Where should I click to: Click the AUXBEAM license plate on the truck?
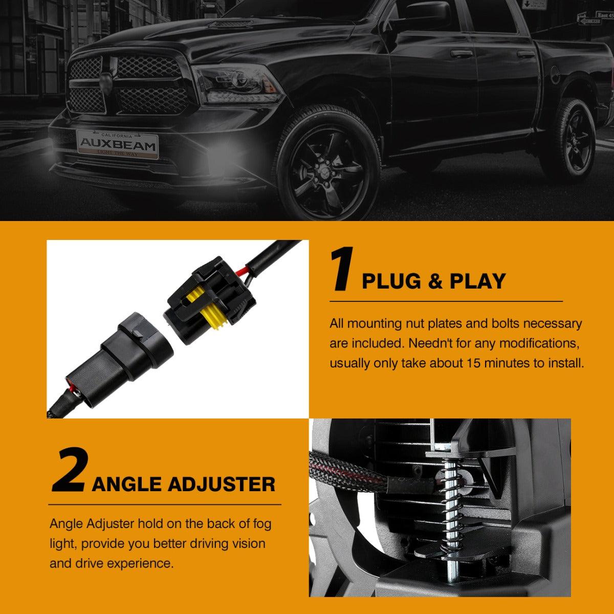pos(117,145)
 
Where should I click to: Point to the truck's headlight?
pos(237,84)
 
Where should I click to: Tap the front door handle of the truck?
pos(462,54)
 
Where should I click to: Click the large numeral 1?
pos(342,269)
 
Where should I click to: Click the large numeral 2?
pos(68,470)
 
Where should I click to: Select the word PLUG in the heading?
pos(391,281)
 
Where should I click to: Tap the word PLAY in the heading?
pos(477,281)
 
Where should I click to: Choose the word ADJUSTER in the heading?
pos(221,485)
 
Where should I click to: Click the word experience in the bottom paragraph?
pos(140,564)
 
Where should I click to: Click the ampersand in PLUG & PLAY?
pos(435,281)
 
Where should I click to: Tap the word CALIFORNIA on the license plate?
pos(117,136)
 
